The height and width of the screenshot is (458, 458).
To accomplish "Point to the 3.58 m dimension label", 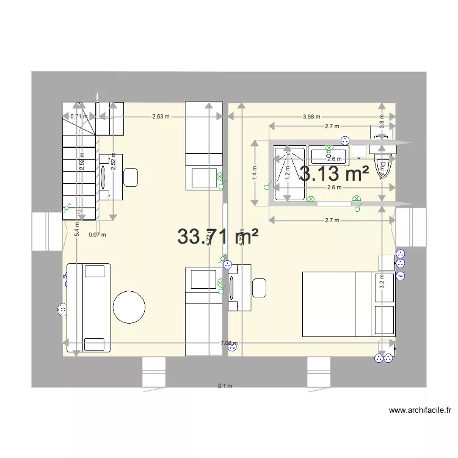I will pos(312,116).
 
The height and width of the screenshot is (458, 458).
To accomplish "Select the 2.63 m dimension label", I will pos(161,116).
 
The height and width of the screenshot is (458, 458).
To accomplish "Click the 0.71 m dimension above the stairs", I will pos(77,116).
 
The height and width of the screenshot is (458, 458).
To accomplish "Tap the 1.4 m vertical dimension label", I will pos(255,173).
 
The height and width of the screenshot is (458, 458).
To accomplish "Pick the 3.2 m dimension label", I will pos(381,282).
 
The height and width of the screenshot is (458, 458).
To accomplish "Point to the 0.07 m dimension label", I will pos(97,234).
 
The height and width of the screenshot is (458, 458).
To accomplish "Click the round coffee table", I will pos(129,307).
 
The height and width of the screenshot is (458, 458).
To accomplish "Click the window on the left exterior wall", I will pos(47,231).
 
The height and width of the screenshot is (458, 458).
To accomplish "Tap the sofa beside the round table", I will pos(89,308).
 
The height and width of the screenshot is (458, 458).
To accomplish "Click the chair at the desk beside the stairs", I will pos(131,177).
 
